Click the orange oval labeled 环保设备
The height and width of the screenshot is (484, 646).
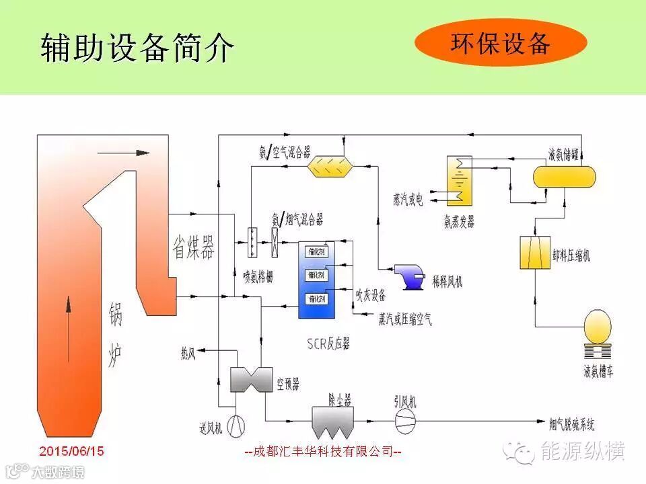[501, 42]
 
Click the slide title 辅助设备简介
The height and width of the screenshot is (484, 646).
[137, 47]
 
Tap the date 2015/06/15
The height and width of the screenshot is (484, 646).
[72, 451]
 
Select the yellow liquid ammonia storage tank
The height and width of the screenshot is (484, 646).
[546, 176]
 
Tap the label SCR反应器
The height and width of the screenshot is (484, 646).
[328, 344]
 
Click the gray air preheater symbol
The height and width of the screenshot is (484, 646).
[250, 379]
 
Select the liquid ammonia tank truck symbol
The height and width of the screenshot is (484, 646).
[598, 334]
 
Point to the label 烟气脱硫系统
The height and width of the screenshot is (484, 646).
[571, 425]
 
